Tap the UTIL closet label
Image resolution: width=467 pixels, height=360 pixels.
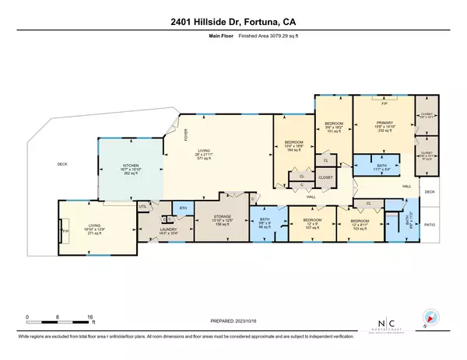click(x=143, y=207)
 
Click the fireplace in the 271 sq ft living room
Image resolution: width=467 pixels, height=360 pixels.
click(x=65, y=231)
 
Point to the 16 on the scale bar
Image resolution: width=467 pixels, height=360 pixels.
click(x=90, y=317)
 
